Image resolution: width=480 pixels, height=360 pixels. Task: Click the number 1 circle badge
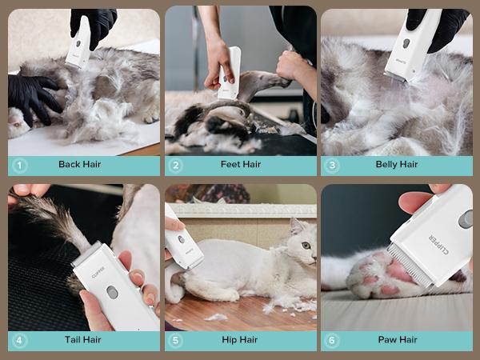pyautogui.click(x=19, y=165)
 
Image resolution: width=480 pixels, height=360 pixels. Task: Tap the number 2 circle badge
pyautogui.click(x=176, y=165)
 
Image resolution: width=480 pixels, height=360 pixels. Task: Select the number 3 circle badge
pyautogui.click(x=332, y=165)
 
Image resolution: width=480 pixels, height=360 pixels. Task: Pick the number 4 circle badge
pyautogui.click(x=19, y=340)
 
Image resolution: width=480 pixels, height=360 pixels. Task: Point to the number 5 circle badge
pyautogui.click(x=176, y=340)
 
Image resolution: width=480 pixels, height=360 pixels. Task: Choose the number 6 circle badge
pyautogui.click(x=332, y=340)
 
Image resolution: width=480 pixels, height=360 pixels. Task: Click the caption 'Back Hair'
pyautogui.click(x=79, y=165)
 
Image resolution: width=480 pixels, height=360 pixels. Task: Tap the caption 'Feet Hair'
pyautogui.click(x=241, y=165)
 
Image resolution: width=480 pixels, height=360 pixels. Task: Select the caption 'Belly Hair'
pyautogui.click(x=397, y=165)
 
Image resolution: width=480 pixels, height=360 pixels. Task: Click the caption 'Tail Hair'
pyautogui.click(x=82, y=340)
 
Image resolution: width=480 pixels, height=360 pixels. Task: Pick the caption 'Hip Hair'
pyautogui.click(x=240, y=340)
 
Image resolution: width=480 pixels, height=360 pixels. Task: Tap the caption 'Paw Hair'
pyautogui.click(x=397, y=340)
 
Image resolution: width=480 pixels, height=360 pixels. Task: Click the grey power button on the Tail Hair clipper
pyautogui.click(x=113, y=293)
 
